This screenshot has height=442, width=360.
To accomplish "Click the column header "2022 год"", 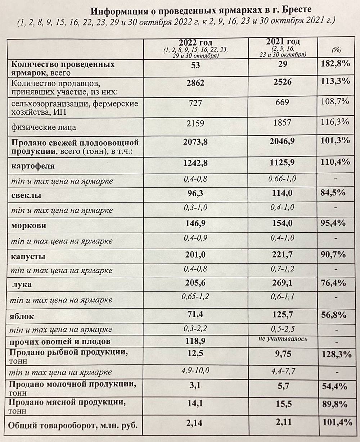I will click(195, 42).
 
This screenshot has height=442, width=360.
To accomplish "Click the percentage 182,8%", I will click(336, 65).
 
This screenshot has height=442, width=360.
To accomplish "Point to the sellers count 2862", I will click(196, 83).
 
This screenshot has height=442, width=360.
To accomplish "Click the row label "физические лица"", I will click(44, 127).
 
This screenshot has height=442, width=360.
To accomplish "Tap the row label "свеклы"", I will click(26, 196).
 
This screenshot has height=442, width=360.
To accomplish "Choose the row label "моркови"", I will click(29, 226).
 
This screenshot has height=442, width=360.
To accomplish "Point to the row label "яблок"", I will click(23, 317).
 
